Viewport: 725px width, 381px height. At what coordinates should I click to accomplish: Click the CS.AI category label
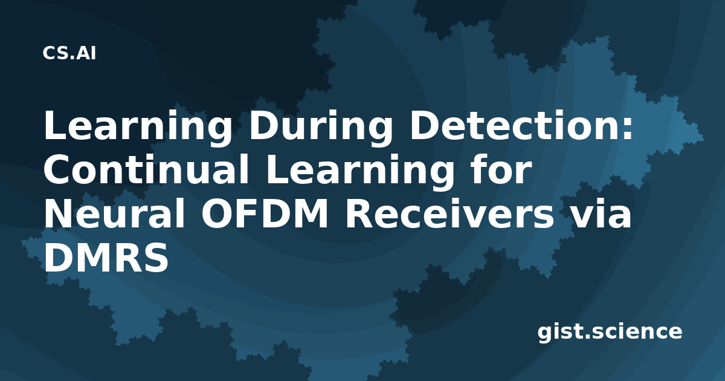pos(69,53)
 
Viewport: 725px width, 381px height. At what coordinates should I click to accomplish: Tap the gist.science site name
pos(610,333)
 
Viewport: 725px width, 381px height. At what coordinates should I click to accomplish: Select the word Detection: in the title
pos(521,125)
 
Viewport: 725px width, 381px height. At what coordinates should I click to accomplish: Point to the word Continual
pos(146,169)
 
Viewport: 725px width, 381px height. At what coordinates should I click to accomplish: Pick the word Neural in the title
pos(114,213)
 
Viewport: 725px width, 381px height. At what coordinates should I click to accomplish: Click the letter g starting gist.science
pos(545,334)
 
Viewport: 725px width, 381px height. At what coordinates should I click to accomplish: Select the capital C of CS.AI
pos(48,53)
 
